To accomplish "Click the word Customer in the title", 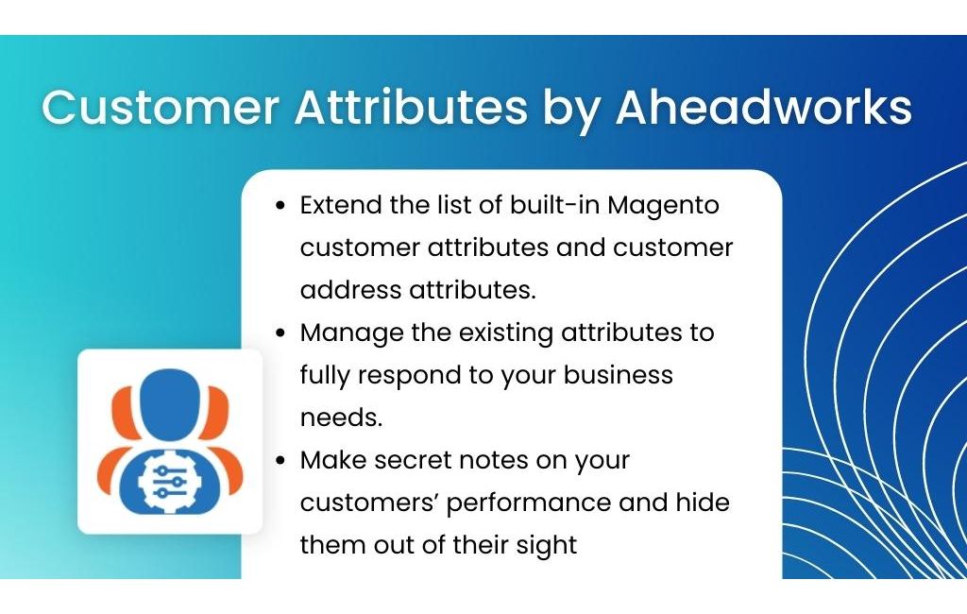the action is (x=161, y=107).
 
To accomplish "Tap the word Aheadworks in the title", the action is (x=763, y=107).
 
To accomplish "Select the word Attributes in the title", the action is (x=412, y=107).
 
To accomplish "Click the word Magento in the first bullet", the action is (x=664, y=206).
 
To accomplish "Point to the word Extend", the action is (x=340, y=205).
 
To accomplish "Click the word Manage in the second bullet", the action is (x=351, y=333).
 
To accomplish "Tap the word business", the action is (x=618, y=375).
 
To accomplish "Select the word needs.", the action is (x=342, y=418).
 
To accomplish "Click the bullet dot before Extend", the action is (x=281, y=206).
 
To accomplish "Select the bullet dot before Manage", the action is (x=281, y=333).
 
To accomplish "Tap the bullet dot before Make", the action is (x=281, y=461).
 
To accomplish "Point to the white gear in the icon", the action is (x=162, y=480).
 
